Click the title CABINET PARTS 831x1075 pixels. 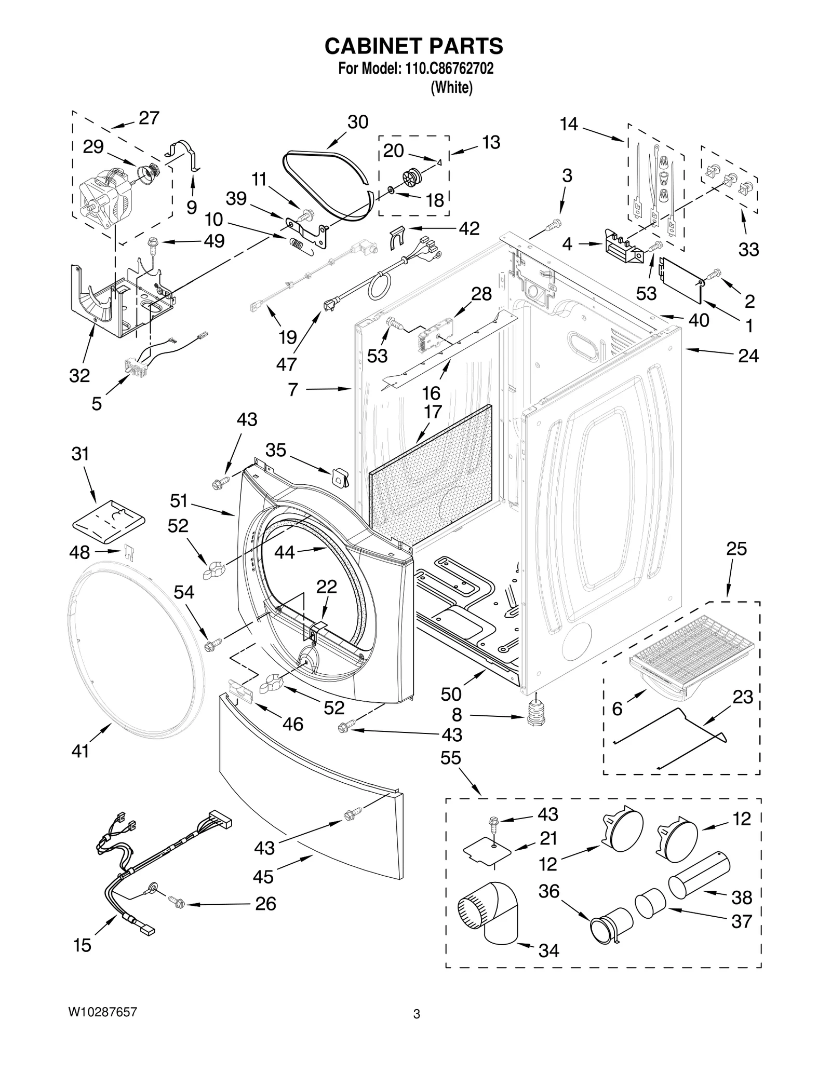coord(413,46)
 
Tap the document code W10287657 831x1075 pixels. coord(102,1012)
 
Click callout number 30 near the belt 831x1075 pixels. coord(357,122)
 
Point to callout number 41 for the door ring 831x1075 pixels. coord(80,751)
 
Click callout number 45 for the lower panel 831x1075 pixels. coord(263,877)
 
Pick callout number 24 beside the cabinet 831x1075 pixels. coord(748,356)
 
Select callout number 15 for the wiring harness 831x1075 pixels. coord(82,945)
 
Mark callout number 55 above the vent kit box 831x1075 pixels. coord(450,758)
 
